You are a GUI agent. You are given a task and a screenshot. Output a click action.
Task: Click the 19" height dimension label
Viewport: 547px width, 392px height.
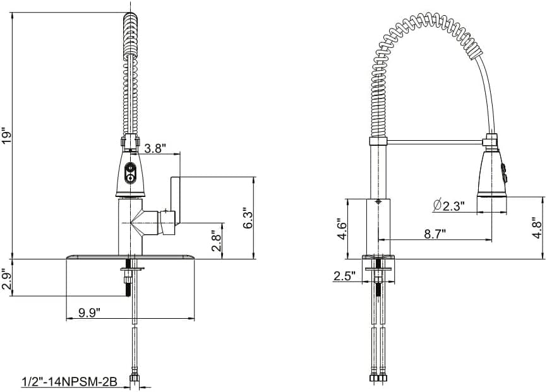tap(8, 136)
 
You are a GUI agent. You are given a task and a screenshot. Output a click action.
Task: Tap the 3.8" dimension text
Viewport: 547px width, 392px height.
tap(155, 149)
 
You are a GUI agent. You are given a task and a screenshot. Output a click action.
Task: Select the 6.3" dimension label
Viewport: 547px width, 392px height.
tap(248, 218)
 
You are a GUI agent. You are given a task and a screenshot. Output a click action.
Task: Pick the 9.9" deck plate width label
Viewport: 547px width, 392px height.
tap(89, 312)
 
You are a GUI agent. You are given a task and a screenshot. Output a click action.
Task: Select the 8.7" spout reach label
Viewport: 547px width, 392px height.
tap(435, 234)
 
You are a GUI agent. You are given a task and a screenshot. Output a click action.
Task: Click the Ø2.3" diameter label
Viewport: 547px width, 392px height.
tap(449, 206)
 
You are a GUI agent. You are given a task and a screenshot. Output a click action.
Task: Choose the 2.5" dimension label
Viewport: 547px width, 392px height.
tap(344, 276)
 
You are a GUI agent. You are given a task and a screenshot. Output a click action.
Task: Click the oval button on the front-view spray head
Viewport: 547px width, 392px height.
tap(130, 172)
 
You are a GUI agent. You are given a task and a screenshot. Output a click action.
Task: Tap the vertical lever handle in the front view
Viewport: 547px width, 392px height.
tap(175, 201)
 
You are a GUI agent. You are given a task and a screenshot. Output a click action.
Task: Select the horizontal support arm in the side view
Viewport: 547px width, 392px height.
tap(435, 141)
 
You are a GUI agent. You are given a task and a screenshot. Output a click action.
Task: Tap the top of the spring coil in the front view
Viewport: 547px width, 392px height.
tap(129, 16)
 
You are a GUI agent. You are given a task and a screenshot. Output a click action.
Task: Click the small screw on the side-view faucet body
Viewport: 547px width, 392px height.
tap(378, 201)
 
